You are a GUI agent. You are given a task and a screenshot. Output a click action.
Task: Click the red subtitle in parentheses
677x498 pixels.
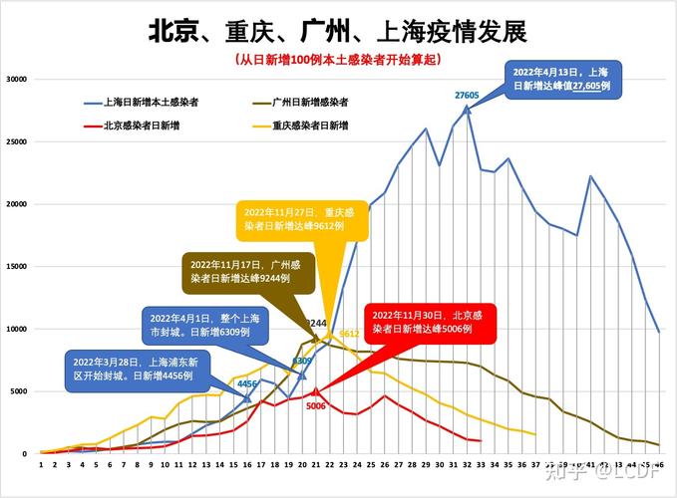[x=337, y=61]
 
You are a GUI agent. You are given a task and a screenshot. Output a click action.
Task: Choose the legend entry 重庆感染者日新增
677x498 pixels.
[x=311, y=125]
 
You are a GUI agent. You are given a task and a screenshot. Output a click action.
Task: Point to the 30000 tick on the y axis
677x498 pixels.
[x=17, y=80]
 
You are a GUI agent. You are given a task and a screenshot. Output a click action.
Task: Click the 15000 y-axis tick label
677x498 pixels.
[x=17, y=267]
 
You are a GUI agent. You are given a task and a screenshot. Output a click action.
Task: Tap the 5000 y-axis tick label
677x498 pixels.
[x=19, y=391]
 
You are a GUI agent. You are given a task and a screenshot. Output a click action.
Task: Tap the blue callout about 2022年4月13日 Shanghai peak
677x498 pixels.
[x=567, y=80]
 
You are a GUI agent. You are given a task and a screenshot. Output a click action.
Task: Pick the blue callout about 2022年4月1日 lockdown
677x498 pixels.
[x=202, y=324]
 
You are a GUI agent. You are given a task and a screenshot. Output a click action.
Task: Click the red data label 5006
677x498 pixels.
[x=316, y=406]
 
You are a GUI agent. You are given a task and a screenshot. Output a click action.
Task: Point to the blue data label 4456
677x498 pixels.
[x=247, y=383]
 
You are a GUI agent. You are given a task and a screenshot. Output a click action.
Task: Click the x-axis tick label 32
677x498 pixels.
[x=467, y=464]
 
